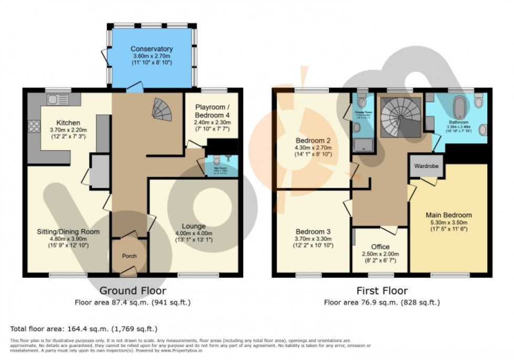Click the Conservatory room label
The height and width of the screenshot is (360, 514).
pyautogui.click(x=152, y=49)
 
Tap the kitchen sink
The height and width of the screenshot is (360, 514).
pyautogui.click(x=54, y=99)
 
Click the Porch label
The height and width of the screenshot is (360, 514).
pyautogui.click(x=129, y=256)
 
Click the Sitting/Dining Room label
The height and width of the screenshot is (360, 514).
pyautogui.click(x=68, y=231)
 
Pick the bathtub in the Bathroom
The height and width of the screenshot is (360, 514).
pyautogui.click(x=459, y=104)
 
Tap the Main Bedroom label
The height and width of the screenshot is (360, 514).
pyautogui.click(x=448, y=215)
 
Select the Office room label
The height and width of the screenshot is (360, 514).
pyautogui.click(x=380, y=246)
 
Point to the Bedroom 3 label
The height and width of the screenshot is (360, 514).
pyautogui.click(x=313, y=232)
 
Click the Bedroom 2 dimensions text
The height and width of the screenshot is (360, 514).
pyautogui.click(x=313, y=151)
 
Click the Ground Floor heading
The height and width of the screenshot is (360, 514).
pyautogui.click(x=133, y=291)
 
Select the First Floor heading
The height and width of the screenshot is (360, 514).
pyautogui.click(x=381, y=291)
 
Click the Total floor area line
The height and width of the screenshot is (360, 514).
pyautogui.click(x=84, y=329)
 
